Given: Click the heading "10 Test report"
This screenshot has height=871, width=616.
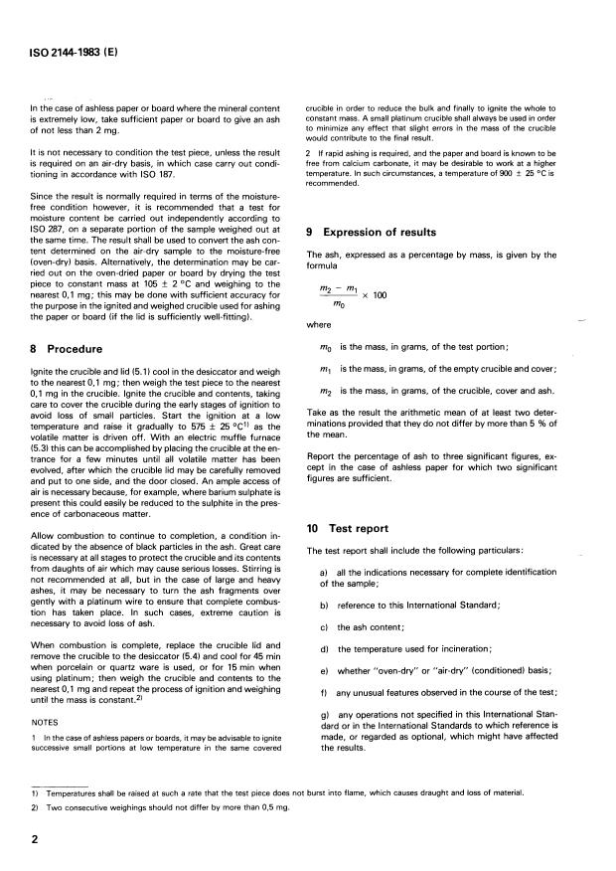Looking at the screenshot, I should coord(352,529).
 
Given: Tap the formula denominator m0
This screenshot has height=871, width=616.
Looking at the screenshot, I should coord(339,305).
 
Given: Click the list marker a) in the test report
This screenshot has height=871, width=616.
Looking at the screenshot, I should coord(325,578).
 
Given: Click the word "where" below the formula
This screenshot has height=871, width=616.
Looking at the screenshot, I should coord(320,323).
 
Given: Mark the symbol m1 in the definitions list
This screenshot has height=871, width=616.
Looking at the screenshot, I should coord(326,369).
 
